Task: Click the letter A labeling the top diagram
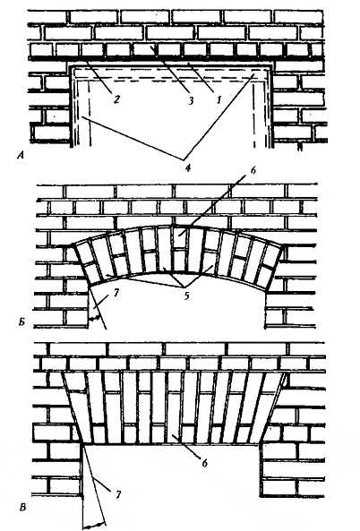coord(21,156)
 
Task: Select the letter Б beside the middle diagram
coord(21,322)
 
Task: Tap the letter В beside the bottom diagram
coord(22,508)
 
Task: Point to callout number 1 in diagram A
coord(219,100)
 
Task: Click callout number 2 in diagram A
coord(116,99)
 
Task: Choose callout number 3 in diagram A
coord(191,100)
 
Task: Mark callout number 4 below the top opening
coord(188,167)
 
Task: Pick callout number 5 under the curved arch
coord(186,295)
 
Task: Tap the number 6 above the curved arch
coord(253,170)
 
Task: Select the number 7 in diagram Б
coord(116,294)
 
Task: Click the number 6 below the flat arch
coord(204,463)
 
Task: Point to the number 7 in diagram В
coord(118,495)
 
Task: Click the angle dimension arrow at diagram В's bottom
coord(94,525)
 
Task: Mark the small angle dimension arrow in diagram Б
coord(95,318)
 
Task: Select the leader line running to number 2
coord(98,76)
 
